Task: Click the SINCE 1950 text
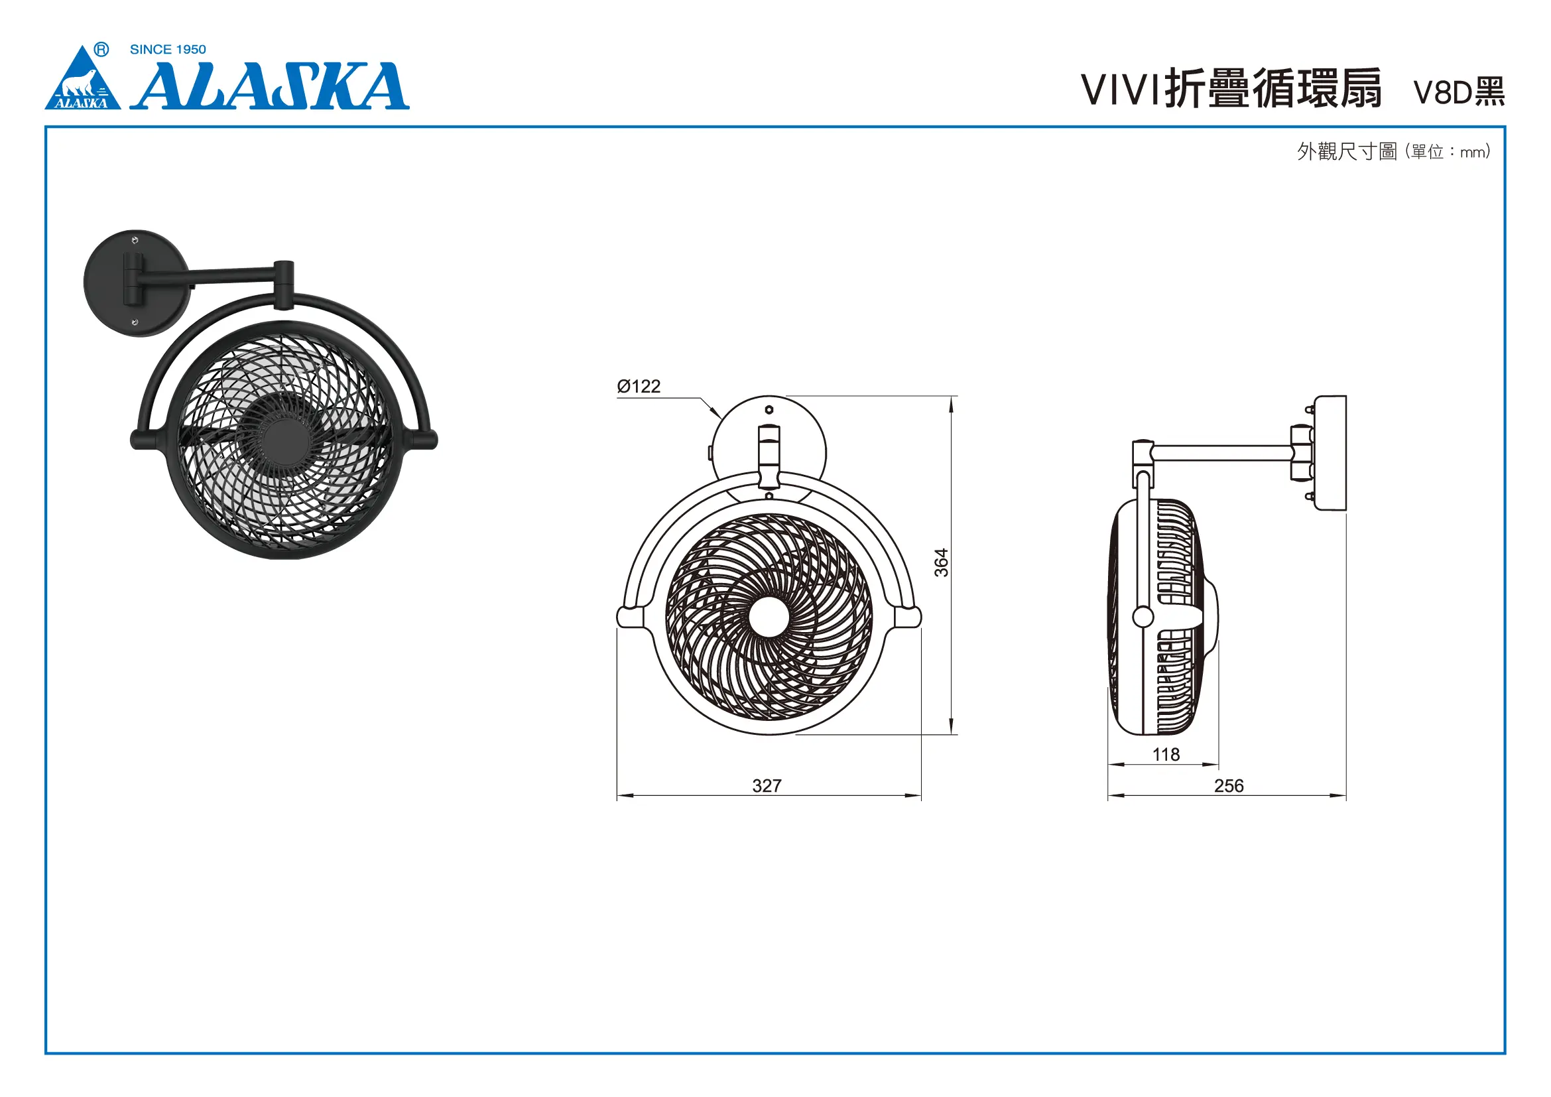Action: pyautogui.click(x=168, y=49)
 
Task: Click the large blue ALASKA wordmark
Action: pyautogui.click(x=270, y=86)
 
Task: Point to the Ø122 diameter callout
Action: pyautogui.click(x=639, y=387)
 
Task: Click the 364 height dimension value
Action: pyautogui.click(x=941, y=562)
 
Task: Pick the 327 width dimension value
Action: pyautogui.click(x=767, y=785)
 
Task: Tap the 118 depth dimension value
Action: pyautogui.click(x=1166, y=755)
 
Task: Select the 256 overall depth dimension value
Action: pyautogui.click(x=1229, y=785)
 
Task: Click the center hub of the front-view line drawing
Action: pyautogui.click(x=769, y=617)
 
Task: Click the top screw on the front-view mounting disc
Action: pyautogui.click(x=769, y=410)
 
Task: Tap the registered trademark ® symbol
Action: pyautogui.click(x=101, y=49)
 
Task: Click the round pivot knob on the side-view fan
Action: pyautogui.click(x=1143, y=616)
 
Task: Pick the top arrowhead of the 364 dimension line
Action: pyautogui.click(x=951, y=404)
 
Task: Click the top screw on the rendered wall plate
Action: pyautogui.click(x=135, y=241)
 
